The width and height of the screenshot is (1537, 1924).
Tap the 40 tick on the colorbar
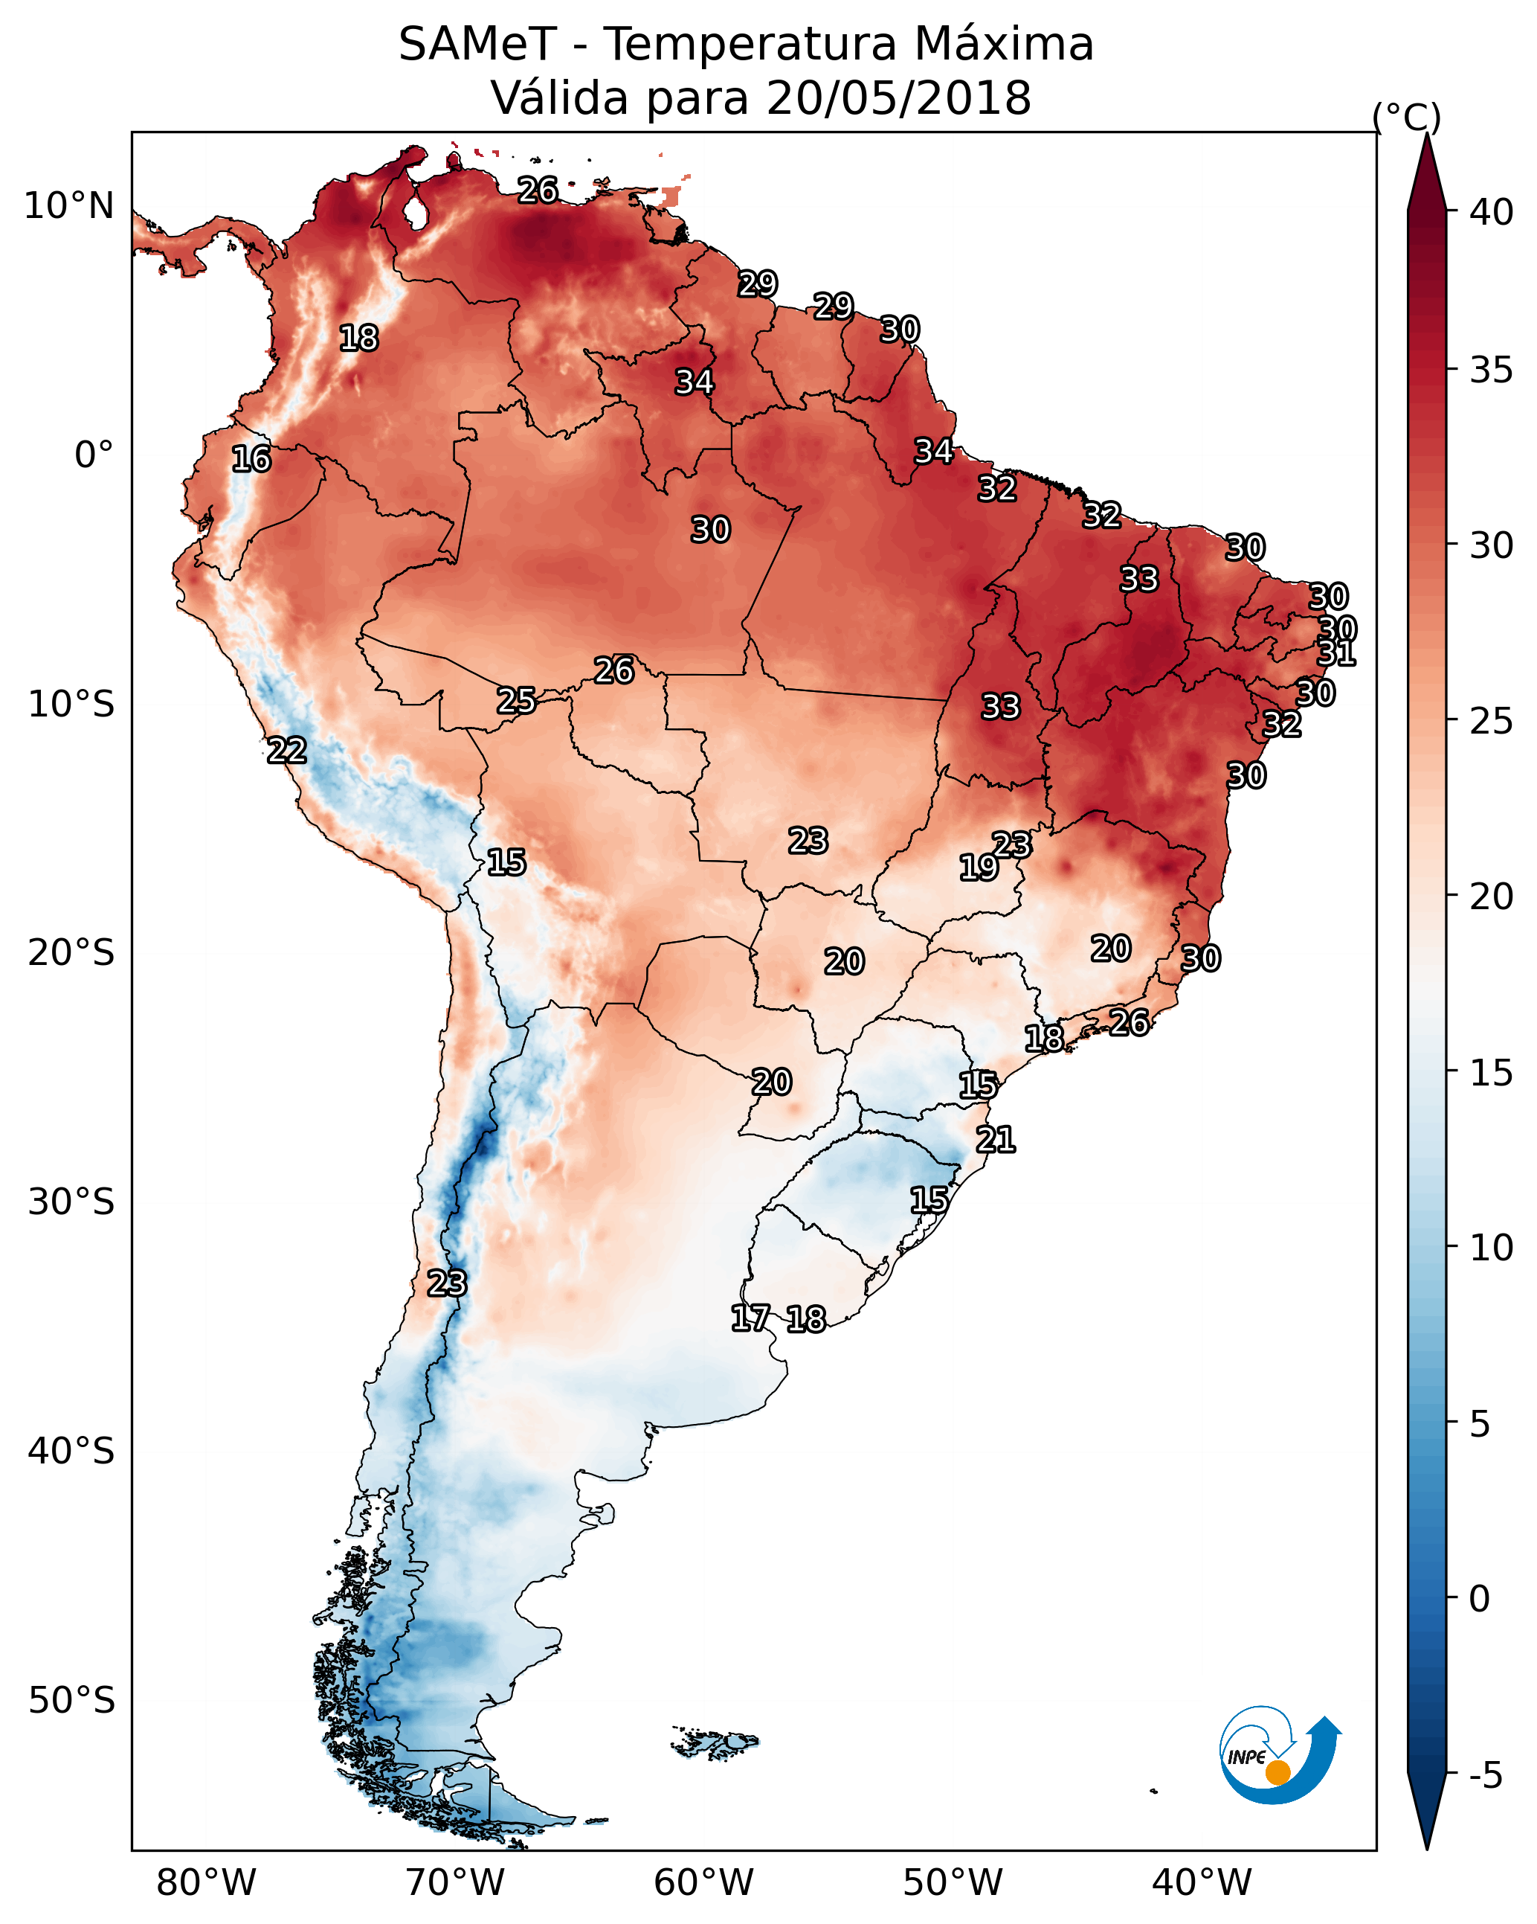pos(1492,212)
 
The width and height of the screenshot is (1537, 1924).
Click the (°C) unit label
pos(1406,117)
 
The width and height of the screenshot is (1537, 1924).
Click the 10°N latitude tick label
pos(68,206)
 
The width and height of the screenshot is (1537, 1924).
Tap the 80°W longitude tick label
pos(206,1882)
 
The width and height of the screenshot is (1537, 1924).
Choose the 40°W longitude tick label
pos(1202,1882)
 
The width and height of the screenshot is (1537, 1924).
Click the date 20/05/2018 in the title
pos(898,98)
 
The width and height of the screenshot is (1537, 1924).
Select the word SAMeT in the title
pos(477,45)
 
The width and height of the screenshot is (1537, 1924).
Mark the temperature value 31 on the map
pos(1335,653)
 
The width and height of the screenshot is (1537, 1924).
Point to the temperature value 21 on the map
pos(996,1140)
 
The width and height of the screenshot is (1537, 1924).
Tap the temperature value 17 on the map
pos(750,1318)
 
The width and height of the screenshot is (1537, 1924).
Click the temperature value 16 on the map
pos(251,459)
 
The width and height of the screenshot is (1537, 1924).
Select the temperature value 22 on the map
pos(286,751)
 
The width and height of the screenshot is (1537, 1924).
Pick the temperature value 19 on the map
pos(979,867)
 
